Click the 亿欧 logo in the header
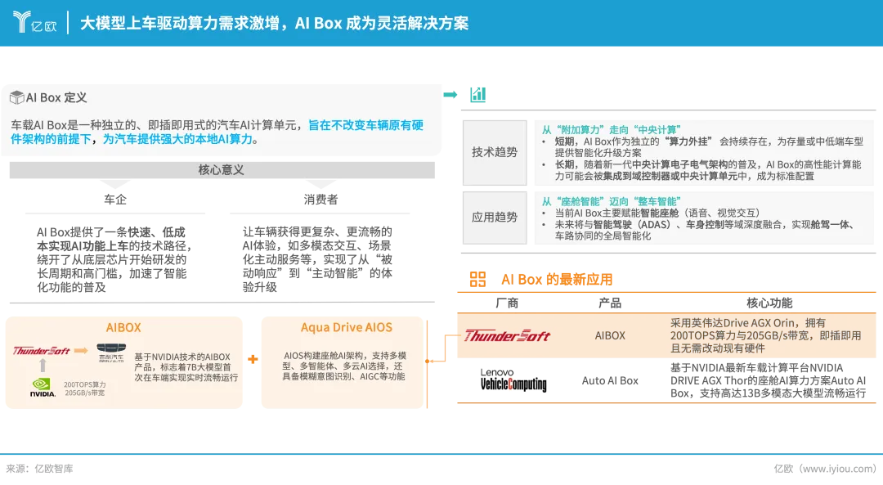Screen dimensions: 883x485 (x=34, y=23)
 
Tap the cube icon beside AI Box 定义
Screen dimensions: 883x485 (x=16, y=98)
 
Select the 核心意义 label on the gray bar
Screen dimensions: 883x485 (x=221, y=170)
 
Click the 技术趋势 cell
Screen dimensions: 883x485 (x=495, y=152)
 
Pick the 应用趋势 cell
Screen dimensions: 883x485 (x=495, y=218)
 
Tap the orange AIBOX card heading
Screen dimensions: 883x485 (x=123, y=327)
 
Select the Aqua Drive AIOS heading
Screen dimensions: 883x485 (x=346, y=327)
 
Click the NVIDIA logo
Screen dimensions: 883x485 (x=43, y=388)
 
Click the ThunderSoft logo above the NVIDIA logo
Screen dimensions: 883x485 (x=41, y=351)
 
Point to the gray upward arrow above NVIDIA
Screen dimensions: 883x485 (x=42, y=365)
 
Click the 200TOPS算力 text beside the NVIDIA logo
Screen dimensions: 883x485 (x=86, y=384)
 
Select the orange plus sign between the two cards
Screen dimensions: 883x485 (x=253, y=358)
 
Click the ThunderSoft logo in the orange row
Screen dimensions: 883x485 (x=507, y=335)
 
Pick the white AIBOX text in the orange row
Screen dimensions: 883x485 (x=610, y=335)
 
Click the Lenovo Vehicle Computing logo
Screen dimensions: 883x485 (x=513, y=380)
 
